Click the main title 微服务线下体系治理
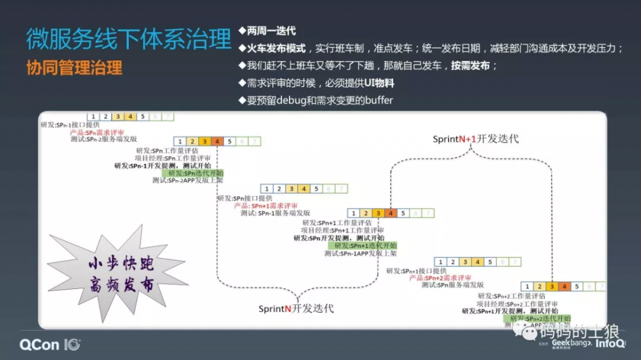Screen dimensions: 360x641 tap(128, 39)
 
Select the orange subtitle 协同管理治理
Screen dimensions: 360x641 tap(74, 67)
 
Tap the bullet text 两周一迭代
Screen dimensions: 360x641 tap(271, 31)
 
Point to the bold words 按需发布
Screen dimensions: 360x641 tap(470, 65)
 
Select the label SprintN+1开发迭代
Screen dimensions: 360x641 tap(475, 138)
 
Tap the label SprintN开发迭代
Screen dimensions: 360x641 tap(296, 308)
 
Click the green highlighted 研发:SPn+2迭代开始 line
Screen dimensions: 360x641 tap(539, 318)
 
